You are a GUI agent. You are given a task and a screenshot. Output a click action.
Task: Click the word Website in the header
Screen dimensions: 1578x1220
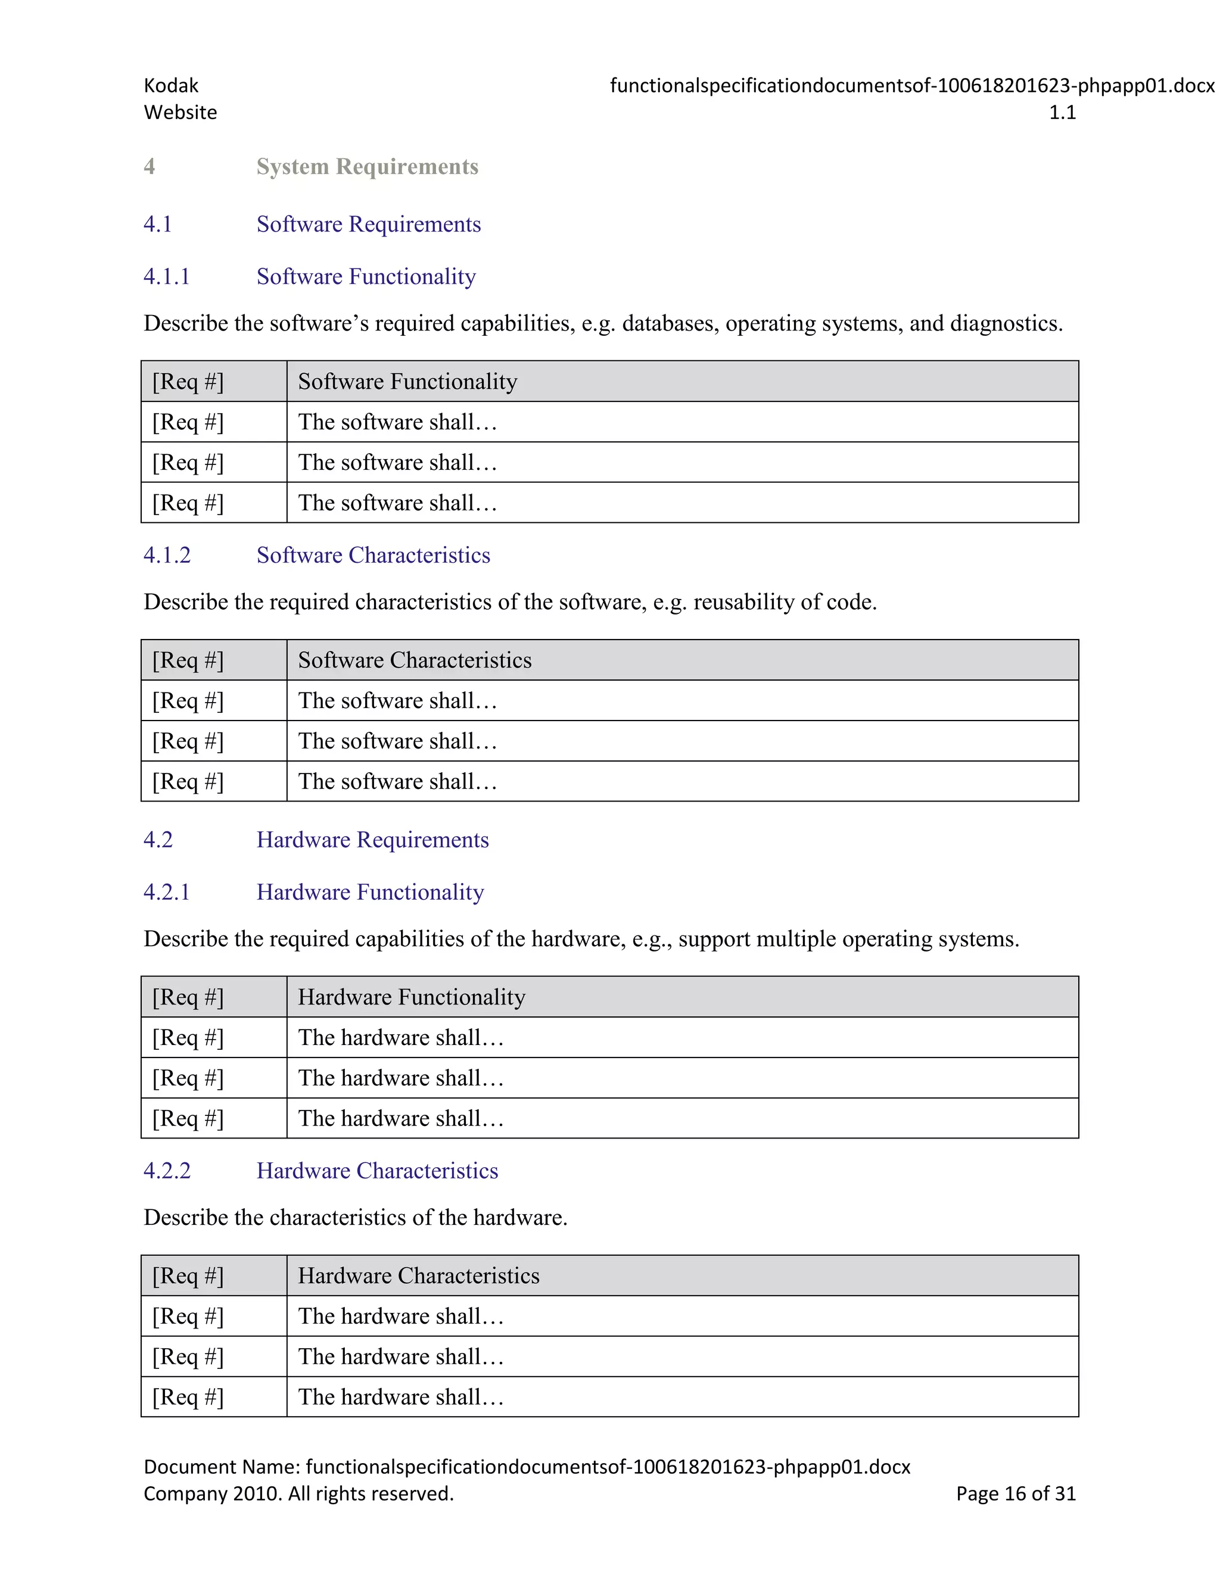pyautogui.click(x=180, y=112)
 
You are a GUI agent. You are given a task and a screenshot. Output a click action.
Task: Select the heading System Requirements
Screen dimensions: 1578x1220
pyautogui.click(x=367, y=167)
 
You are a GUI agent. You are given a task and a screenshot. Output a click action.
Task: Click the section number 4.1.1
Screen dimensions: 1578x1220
pyautogui.click(x=166, y=277)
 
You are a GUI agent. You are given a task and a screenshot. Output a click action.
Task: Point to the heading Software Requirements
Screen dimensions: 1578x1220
pyautogui.click(x=368, y=224)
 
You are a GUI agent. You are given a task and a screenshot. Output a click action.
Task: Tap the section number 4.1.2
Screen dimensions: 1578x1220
pyautogui.click(x=167, y=555)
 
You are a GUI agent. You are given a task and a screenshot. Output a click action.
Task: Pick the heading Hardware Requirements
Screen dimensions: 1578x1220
pyautogui.click(x=372, y=840)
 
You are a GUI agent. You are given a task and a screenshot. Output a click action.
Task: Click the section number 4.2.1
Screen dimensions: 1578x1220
pyautogui.click(x=166, y=893)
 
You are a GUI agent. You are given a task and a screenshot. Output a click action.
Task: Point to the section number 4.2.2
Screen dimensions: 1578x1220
pyautogui.click(x=167, y=1171)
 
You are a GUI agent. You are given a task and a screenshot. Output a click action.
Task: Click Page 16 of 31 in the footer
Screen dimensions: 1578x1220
pyautogui.click(x=1016, y=1493)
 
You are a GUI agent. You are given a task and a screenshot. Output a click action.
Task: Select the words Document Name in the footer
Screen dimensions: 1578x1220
pyautogui.click(x=221, y=1467)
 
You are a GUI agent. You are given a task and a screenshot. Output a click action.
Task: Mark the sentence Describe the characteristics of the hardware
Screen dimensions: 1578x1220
pyautogui.click(x=355, y=1218)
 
